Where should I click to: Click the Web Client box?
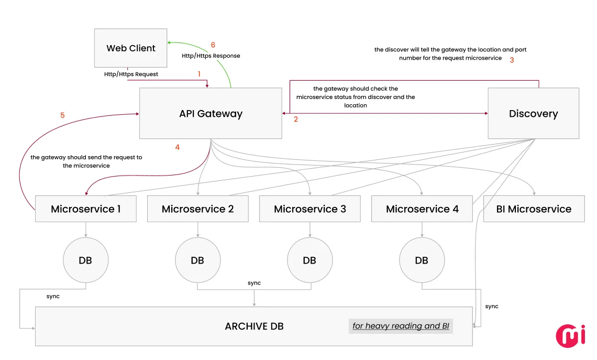pos(131,48)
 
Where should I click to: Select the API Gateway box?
pos(211,114)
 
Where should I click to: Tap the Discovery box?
pos(533,114)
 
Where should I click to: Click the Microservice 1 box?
pos(85,209)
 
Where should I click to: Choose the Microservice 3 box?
pos(309,209)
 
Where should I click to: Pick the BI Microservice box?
pos(534,209)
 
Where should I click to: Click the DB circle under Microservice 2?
pos(197,260)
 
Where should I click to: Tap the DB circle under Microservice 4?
pos(422,260)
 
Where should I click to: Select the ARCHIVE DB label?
pos(254,326)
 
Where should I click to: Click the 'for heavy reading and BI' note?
pos(401,326)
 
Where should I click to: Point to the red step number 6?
pos(213,45)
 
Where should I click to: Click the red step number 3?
pos(512,60)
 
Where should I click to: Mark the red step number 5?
pos(62,115)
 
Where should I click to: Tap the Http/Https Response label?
pos(211,56)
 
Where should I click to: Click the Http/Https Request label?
pos(131,74)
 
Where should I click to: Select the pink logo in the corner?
pos(570,335)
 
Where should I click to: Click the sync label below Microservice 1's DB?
pos(53,297)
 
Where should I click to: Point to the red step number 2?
pos(296,119)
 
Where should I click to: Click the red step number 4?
pos(178,147)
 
